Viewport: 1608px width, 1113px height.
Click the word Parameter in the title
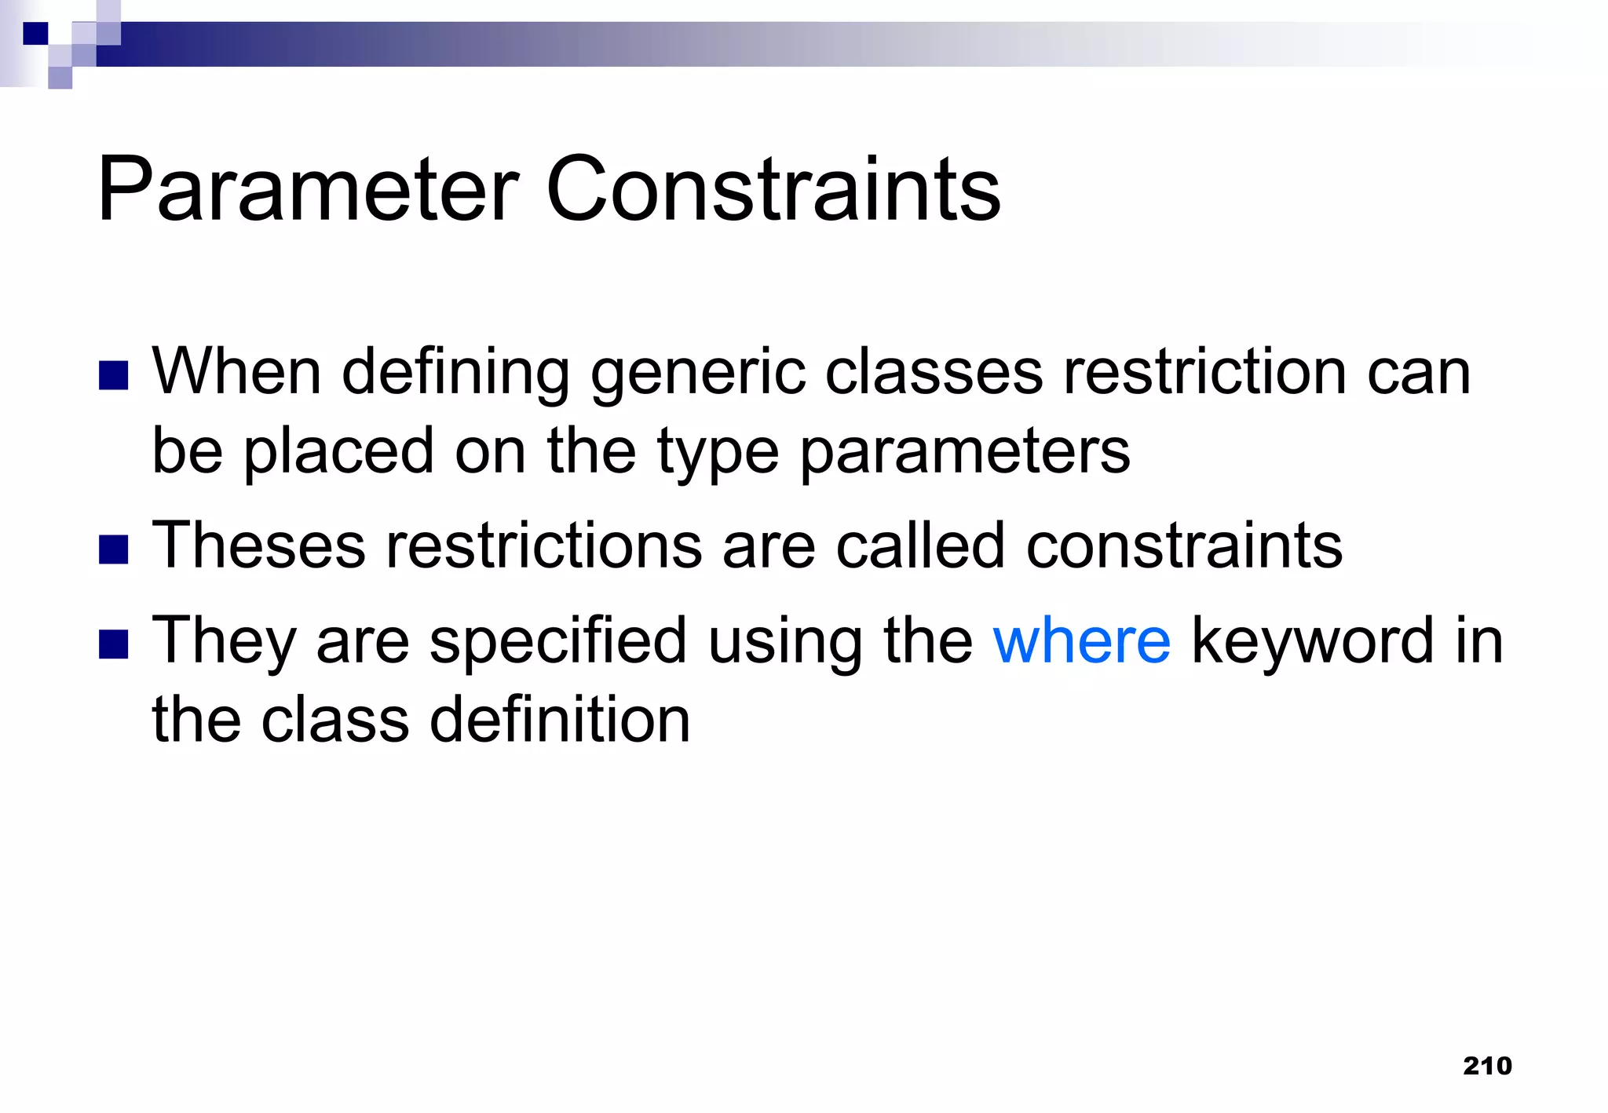tap(308, 190)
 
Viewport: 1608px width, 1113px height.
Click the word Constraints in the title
tap(773, 190)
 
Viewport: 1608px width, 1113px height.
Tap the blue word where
tap(1081, 641)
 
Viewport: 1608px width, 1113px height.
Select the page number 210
tap(1487, 1065)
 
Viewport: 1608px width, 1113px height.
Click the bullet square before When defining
tap(114, 375)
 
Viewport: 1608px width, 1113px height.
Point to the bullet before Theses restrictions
tap(114, 549)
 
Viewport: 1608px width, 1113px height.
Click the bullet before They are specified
tap(114, 644)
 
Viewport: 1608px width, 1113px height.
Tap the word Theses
tap(258, 546)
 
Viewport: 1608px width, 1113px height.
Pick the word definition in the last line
tap(560, 721)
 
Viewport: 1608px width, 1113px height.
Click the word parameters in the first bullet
tap(965, 453)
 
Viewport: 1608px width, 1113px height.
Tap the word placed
tap(339, 453)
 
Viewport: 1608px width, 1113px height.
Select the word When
tap(236, 372)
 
